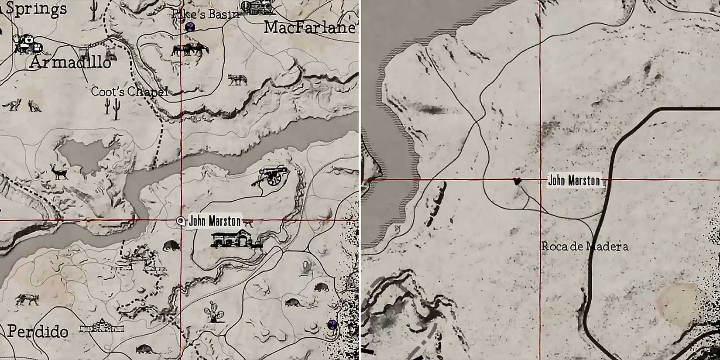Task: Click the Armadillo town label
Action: [x=70, y=63]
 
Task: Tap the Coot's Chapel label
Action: [x=129, y=92]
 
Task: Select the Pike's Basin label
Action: [x=206, y=14]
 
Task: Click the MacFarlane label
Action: [x=310, y=28]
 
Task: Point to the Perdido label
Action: [x=38, y=332]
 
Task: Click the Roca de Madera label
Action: [x=585, y=247]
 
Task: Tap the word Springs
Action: [x=37, y=9]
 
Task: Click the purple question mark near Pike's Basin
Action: [x=190, y=27]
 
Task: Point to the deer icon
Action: [x=59, y=171]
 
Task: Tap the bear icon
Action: [x=171, y=246]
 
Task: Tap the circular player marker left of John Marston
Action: [x=181, y=221]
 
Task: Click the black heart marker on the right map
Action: [x=517, y=181]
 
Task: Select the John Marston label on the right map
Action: [x=574, y=180]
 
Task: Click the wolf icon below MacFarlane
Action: [x=238, y=79]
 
